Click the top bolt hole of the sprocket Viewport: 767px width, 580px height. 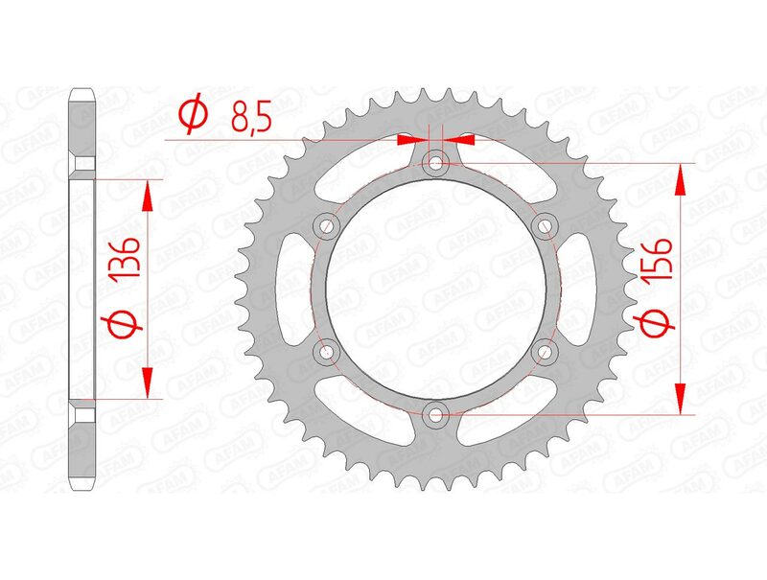point(436,163)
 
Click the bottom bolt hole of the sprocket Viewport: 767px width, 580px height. point(436,414)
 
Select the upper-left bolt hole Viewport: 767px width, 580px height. point(326,226)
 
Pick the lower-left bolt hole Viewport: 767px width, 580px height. point(326,351)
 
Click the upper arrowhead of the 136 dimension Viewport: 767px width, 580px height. point(147,196)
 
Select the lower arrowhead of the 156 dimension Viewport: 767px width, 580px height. point(682,399)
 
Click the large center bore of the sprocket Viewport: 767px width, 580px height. point(436,289)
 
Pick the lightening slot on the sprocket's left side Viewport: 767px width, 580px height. point(288,289)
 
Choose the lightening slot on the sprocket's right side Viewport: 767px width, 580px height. point(585,289)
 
